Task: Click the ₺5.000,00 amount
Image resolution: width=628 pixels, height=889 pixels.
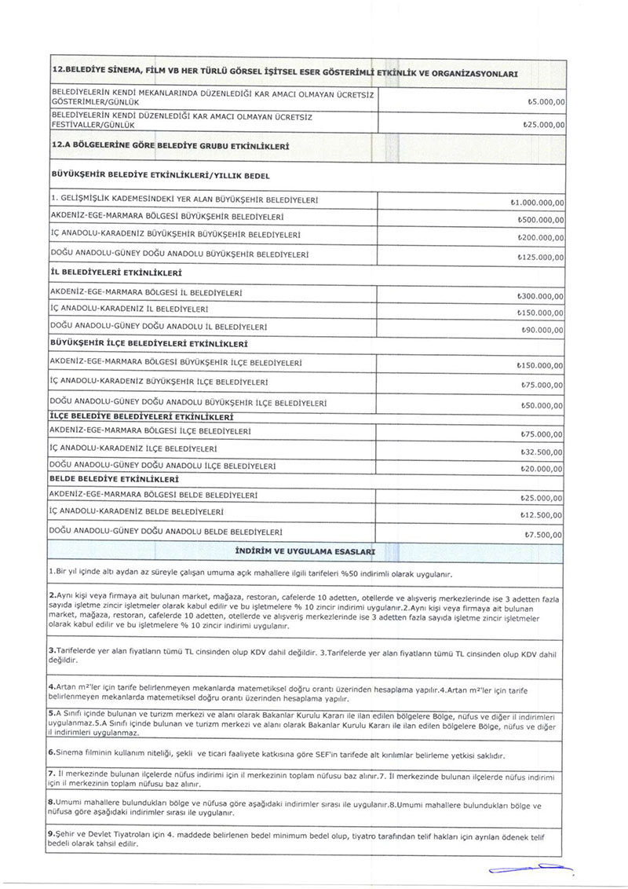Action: (542, 102)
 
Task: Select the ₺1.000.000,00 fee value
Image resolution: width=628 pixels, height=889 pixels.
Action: (537, 203)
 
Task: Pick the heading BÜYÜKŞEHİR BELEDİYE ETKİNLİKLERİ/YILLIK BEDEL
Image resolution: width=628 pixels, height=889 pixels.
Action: (160, 175)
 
